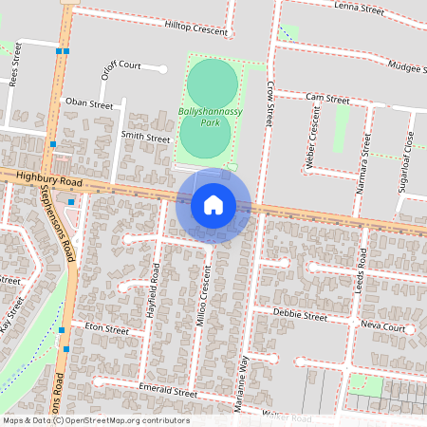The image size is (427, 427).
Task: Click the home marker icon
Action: pyautogui.click(x=213, y=204)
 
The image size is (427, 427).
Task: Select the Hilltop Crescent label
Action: pyautogui.click(x=196, y=30)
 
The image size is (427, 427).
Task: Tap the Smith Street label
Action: pyautogui.click(x=145, y=138)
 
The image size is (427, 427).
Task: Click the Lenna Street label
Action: pyautogui.click(x=359, y=9)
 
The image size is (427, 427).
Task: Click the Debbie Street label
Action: pyautogui.click(x=300, y=313)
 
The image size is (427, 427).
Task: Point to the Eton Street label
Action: pyautogui.click(x=106, y=328)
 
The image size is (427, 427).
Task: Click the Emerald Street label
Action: pyautogui.click(x=167, y=392)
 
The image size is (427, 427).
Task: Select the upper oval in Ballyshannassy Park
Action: pyautogui.click(x=213, y=83)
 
